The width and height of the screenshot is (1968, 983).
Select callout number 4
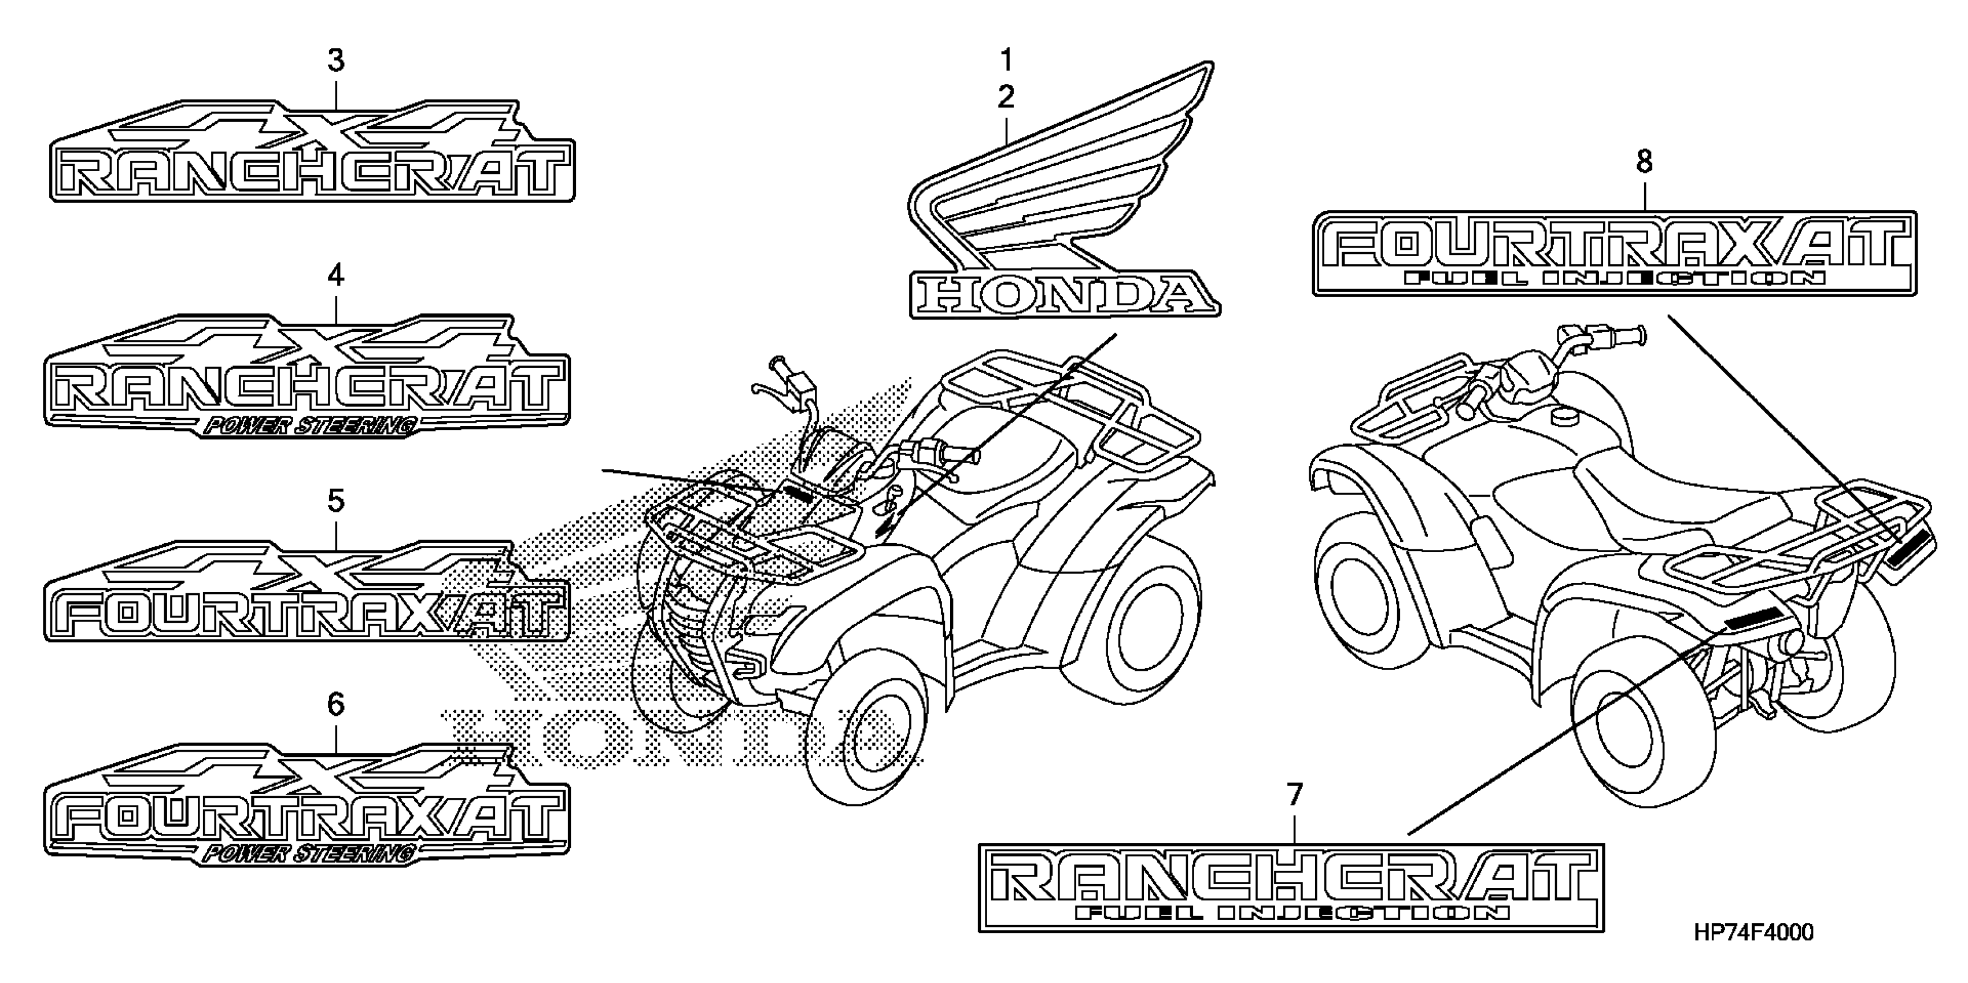click(336, 276)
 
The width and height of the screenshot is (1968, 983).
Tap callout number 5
click(336, 502)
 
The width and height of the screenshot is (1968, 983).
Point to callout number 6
click(336, 705)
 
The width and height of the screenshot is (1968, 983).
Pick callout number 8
click(1644, 162)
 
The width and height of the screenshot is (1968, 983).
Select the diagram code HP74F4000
click(1753, 933)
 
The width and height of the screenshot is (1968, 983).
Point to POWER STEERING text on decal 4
click(309, 426)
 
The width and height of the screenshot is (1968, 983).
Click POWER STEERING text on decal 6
click(309, 853)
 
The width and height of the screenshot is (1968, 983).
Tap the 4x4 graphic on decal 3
click(321, 126)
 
